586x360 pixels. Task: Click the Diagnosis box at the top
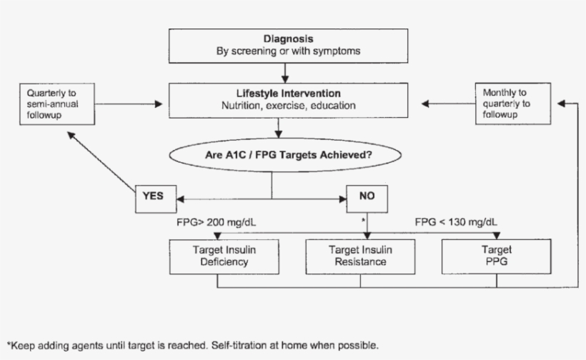tap(288, 45)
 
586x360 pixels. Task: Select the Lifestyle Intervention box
tap(288, 99)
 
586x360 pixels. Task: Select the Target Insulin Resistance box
tap(359, 256)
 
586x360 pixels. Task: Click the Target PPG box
tap(497, 256)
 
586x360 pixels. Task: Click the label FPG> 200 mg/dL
tap(217, 222)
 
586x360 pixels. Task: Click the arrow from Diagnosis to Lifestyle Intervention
tap(286, 72)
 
